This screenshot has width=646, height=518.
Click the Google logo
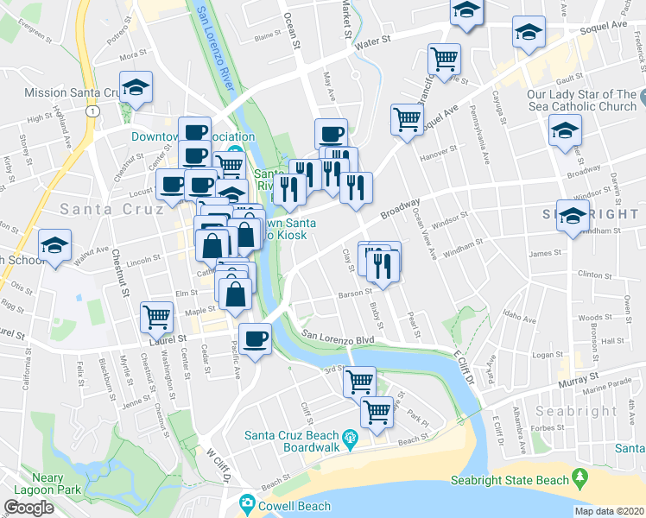pos(28,508)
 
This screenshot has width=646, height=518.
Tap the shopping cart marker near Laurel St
pos(156,318)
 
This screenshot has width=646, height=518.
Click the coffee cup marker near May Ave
pos(332,134)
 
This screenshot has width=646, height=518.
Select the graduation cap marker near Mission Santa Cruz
pos(136,87)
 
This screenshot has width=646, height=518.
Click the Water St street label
pos(373,41)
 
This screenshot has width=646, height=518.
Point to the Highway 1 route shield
pos(91,111)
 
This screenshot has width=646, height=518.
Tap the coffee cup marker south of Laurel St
pos(254,338)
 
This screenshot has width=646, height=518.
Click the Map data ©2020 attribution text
pos(610,511)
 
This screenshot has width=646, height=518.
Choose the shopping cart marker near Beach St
pos(377,412)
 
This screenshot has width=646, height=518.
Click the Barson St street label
pos(355,294)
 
